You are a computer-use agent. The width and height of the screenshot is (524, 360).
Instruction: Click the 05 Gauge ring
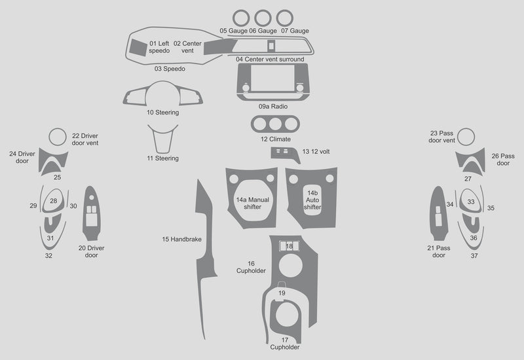coord(241,11)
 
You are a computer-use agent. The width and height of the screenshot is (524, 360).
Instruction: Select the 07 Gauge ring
coord(284,11)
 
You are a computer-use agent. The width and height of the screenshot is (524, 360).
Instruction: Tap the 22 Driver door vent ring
coord(57,136)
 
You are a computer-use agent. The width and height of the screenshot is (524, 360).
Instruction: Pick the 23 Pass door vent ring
coord(466,137)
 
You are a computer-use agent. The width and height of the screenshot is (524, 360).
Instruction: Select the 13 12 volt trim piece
coord(285,153)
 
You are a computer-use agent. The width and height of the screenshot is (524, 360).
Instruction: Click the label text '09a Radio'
coord(272,106)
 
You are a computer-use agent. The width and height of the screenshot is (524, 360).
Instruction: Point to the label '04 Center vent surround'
coord(270,60)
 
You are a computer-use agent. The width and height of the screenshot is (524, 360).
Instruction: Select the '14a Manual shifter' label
coord(252,203)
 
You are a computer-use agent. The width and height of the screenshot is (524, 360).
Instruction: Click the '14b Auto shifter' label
coord(312,200)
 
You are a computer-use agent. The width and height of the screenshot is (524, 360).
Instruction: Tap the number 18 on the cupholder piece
coord(290,245)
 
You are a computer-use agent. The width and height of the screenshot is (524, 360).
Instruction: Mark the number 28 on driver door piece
coord(54,201)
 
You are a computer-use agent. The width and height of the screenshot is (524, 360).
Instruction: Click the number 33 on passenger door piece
coord(471,202)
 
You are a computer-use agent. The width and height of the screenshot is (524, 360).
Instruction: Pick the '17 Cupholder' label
coord(285,343)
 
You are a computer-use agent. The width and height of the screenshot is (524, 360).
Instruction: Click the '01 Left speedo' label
coord(159,47)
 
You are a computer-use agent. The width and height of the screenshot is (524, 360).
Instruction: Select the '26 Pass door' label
coord(503,160)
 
